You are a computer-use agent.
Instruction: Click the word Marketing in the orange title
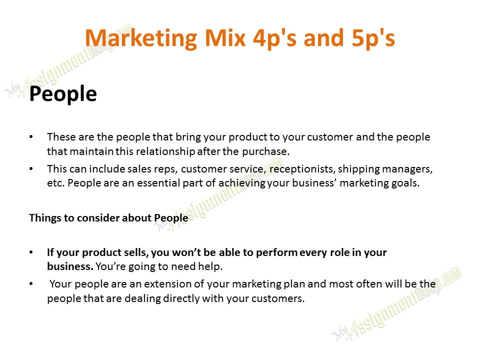(141, 38)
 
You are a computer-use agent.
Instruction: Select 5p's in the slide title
(373, 38)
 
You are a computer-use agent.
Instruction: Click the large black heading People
(63, 93)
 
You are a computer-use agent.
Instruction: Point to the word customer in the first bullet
(330, 137)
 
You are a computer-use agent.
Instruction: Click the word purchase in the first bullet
(265, 151)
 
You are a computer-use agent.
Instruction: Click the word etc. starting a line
(55, 183)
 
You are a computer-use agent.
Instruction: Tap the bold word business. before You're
(70, 266)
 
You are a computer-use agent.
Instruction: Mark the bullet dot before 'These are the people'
(31, 137)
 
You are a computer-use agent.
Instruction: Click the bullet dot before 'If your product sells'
(31, 252)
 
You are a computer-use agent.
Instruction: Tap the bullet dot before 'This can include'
(31, 169)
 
